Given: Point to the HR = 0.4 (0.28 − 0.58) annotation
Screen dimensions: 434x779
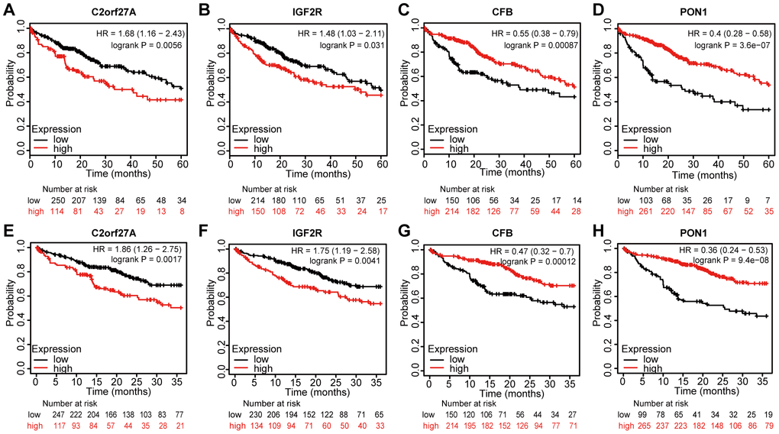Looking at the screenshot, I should (726, 34).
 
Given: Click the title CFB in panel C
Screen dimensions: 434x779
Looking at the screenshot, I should (502, 11).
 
